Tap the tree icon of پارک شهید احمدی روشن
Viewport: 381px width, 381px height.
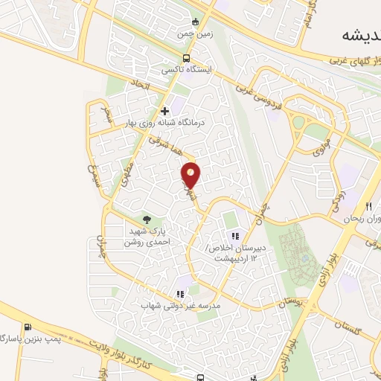coord(147,220)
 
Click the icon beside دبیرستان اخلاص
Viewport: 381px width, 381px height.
coord(236,237)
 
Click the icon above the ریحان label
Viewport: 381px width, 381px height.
coord(368,206)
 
